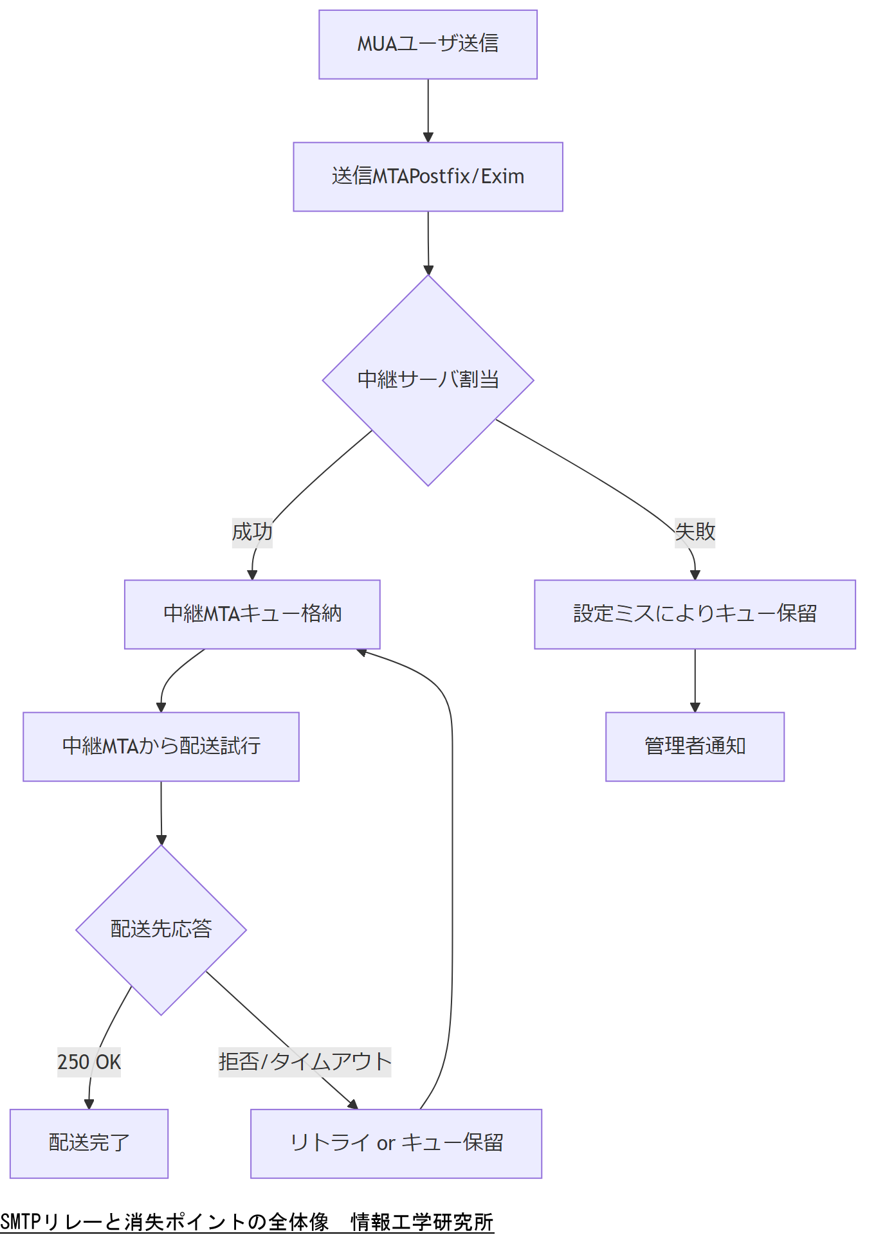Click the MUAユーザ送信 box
coord(428,44)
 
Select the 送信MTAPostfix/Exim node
coord(428,177)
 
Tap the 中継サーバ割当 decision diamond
coord(428,380)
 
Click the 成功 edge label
coord(252,532)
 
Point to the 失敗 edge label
coord(695,532)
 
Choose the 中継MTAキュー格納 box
coord(252,615)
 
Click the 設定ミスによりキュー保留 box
coord(695,615)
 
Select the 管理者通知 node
coord(695,746)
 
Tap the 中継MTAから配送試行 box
coord(161,746)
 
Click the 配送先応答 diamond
coord(161,930)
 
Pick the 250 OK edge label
coord(89,1061)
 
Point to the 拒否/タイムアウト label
coord(305,1061)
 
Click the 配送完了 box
coord(89,1143)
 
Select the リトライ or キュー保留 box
coord(396,1143)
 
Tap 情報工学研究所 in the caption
coord(422,1221)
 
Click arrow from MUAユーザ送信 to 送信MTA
coord(428,109)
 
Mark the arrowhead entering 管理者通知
coord(695,707)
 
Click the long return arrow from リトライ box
coord(452,868)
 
